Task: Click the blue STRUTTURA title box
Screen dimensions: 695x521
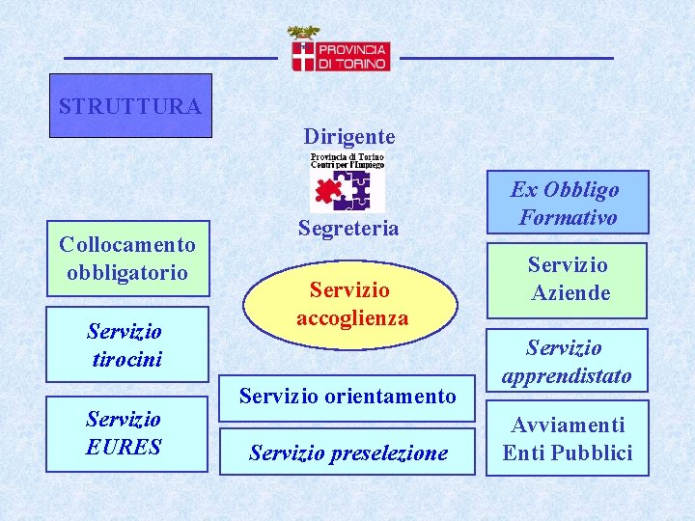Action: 130,105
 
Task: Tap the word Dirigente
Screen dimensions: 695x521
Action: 348,136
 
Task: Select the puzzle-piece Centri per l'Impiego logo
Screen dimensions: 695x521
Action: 347,181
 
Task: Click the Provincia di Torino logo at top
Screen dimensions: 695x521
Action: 339,50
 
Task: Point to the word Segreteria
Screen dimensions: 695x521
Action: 347,229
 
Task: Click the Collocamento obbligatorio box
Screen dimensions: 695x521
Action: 126,259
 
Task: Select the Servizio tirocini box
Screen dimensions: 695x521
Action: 126,344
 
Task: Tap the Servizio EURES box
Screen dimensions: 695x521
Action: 126,433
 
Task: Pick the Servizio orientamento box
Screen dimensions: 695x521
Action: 347,396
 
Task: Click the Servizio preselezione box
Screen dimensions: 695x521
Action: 347,452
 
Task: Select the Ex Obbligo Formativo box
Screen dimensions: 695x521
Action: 567,203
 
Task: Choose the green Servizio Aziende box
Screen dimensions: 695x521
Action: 567,279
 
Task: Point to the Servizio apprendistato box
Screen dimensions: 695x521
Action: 567,361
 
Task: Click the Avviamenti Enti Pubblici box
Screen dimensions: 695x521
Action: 567,439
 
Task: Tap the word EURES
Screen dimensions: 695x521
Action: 125,447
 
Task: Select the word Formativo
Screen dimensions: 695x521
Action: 568,217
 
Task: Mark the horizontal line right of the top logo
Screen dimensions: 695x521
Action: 506,59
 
